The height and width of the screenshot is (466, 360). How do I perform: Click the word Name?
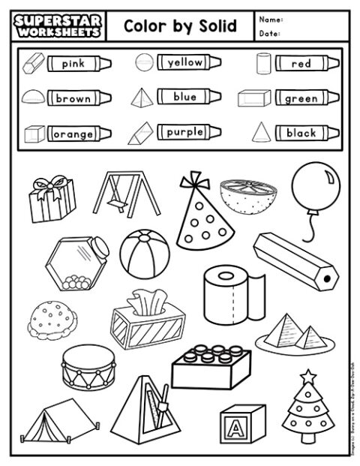pyautogui.click(x=271, y=19)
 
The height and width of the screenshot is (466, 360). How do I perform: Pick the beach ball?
pyautogui.click(x=145, y=252)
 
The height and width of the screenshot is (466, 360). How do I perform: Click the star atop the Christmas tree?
pyautogui.click(x=307, y=375)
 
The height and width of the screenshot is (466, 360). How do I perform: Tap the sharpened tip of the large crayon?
pyautogui.click(x=326, y=279)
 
